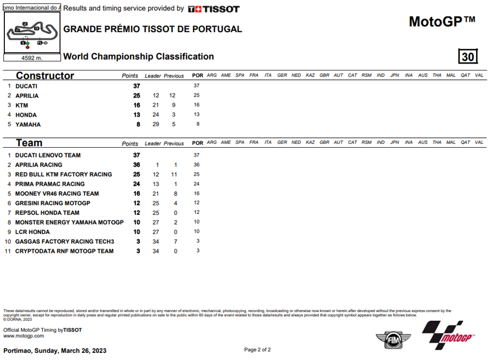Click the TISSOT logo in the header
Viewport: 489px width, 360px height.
pos(214,9)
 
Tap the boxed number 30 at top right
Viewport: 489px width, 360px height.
pos(468,56)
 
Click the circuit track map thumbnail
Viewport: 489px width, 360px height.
pos(30,33)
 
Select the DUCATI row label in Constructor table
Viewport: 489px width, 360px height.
pos(26,86)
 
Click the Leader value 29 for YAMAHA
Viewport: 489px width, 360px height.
pos(155,125)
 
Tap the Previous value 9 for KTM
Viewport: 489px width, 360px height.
pos(173,105)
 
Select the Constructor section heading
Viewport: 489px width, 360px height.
pos(45,75)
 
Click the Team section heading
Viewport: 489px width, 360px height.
pos(29,143)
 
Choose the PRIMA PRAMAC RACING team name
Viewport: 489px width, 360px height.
pos(49,184)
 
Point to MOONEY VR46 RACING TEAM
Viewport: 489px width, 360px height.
pos(57,194)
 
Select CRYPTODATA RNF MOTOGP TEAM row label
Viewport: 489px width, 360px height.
pos(64,251)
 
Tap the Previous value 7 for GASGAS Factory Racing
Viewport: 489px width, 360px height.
pos(175,242)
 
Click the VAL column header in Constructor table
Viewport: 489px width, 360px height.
pos(479,75)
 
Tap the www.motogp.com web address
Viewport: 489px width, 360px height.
pos(23,336)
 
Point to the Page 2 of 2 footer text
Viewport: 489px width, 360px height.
pos(258,350)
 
